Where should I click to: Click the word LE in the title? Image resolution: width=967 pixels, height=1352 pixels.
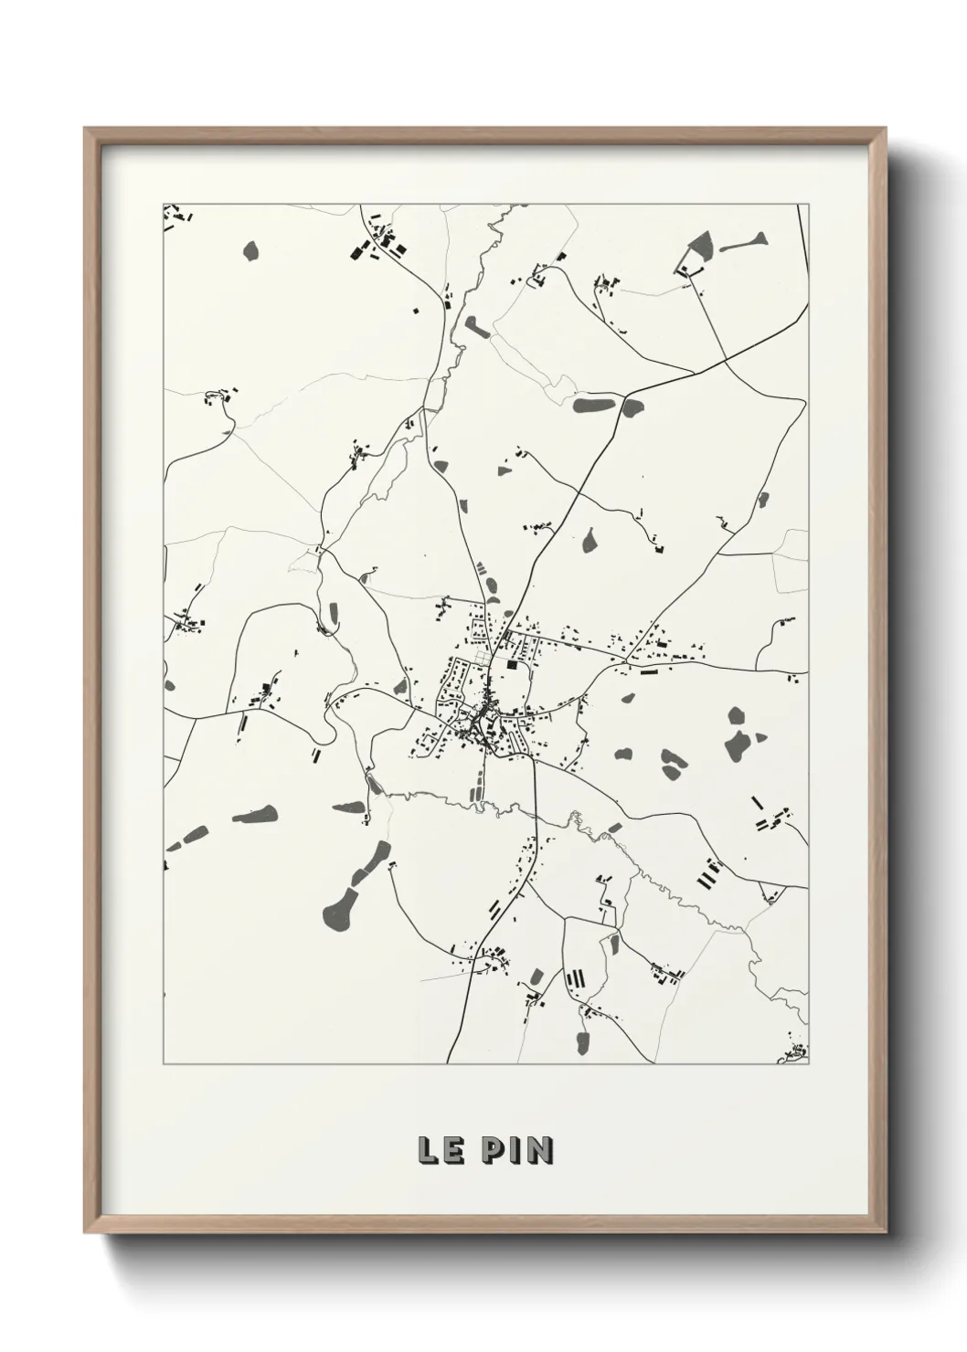click(439, 1150)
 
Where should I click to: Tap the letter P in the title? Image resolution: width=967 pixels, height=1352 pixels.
click(492, 1150)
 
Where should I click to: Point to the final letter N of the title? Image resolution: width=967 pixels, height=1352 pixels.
click(540, 1150)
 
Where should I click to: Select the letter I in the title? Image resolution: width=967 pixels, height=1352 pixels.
click(515, 1150)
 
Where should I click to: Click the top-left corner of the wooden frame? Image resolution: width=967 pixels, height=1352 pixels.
click(85, 129)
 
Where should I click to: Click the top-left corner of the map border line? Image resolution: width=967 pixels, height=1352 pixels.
click(163, 204)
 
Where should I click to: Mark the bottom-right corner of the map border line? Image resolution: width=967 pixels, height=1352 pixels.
click(809, 1064)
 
